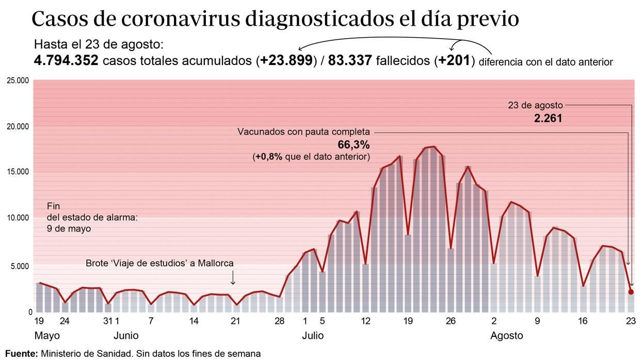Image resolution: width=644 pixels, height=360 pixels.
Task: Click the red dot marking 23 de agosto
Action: (631, 292)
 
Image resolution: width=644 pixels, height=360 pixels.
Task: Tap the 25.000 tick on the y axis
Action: (17, 80)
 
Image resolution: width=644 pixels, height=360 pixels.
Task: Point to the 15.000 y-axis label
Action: (17, 172)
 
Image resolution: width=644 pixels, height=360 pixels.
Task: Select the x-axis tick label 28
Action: (279, 321)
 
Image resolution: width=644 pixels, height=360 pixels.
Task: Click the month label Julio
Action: (313, 336)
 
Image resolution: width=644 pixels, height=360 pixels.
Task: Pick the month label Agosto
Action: (506, 336)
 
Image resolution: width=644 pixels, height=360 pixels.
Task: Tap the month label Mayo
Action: (47, 336)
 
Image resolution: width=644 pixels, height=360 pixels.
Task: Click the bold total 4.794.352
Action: (66, 61)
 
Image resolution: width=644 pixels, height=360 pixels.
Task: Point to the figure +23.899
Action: (286, 61)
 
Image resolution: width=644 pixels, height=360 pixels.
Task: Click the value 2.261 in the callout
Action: (548, 118)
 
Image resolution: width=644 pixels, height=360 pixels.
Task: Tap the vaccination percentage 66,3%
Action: (353, 144)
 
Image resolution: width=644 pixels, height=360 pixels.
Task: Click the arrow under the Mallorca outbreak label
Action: (233, 279)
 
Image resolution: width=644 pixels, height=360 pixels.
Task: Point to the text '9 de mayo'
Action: (69, 228)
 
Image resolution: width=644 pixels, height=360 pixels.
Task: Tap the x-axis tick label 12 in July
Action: (365, 321)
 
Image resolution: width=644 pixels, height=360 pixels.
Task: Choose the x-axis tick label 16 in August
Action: (583, 321)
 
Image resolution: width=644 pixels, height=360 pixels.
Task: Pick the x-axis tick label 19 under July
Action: (408, 321)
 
